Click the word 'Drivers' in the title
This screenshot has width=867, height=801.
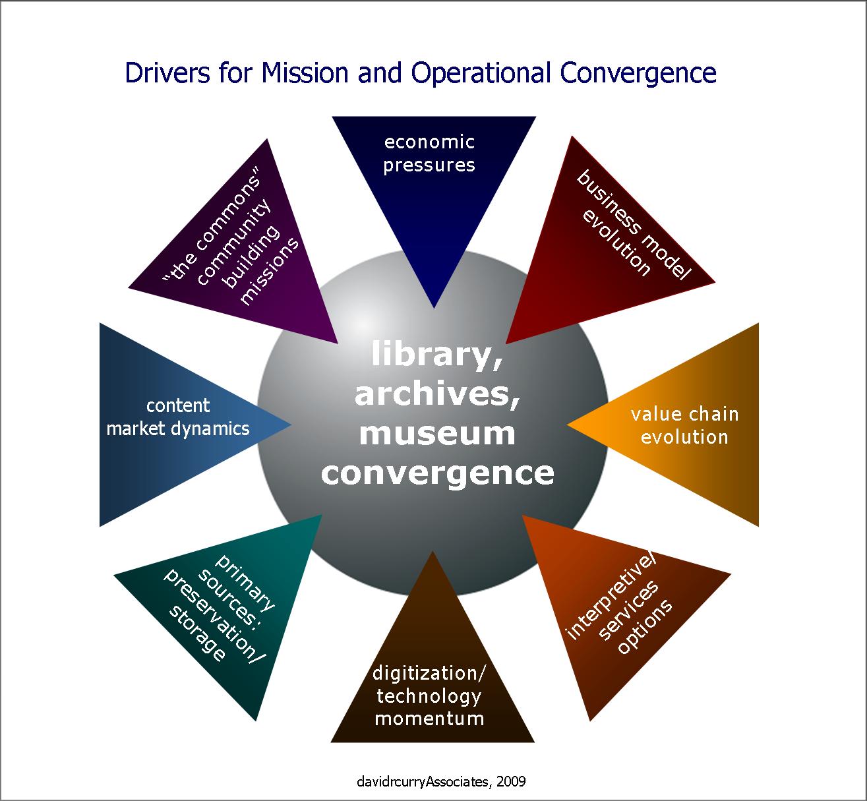point(167,73)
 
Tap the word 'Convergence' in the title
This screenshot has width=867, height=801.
point(638,74)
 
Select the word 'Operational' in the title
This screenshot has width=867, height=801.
point(481,74)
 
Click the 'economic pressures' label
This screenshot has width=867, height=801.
point(429,154)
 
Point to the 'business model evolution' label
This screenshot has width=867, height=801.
point(633,223)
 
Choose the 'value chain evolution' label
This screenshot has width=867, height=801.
point(684,426)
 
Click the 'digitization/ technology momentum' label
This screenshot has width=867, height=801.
point(429,696)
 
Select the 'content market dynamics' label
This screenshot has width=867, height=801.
point(177,417)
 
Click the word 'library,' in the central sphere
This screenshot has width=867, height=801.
point(437,355)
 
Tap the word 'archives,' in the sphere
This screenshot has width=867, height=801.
point(437,395)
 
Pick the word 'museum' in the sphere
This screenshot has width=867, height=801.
point(437,434)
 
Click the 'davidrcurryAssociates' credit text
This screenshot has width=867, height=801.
point(423,782)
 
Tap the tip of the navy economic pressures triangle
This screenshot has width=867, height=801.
point(434,308)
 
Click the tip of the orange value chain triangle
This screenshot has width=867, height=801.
point(568,425)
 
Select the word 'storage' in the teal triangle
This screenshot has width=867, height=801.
point(197,633)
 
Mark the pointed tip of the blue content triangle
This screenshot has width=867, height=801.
point(291,425)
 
